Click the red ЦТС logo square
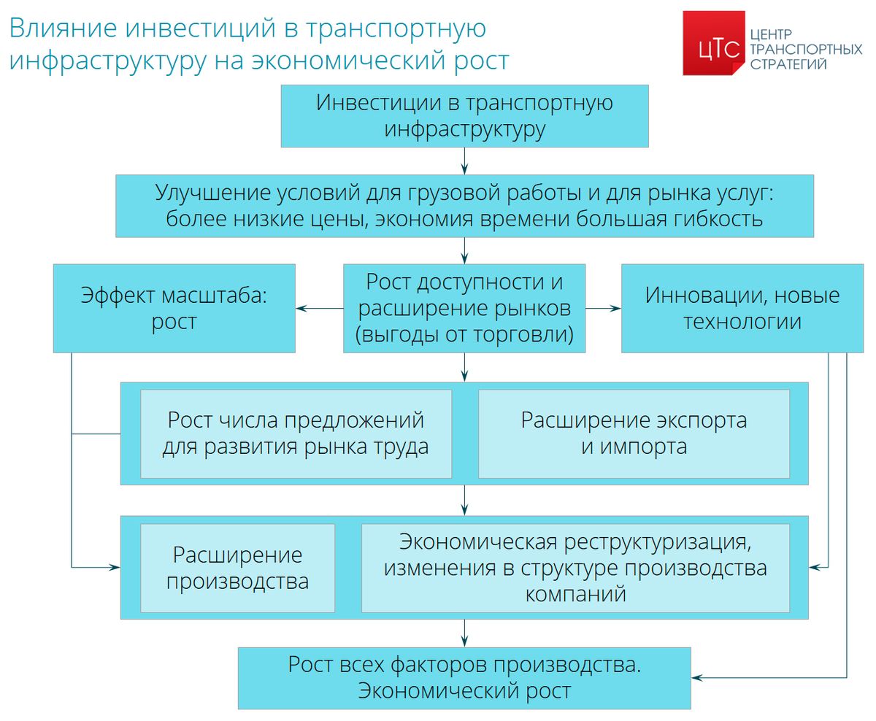click(713, 43)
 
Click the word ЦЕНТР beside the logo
click(771, 34)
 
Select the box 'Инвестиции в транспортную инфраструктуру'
click(464, 116)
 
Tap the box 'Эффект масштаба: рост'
click(174, 308)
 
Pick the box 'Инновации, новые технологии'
click(742, 308)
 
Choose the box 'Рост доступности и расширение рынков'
click(464, 308)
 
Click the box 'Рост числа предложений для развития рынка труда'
click(296, 433)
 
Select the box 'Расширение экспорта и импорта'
click(634, 433)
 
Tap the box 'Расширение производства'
click(237, 568)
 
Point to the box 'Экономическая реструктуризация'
click(575, 568)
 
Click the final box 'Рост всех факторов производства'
click(464, 678)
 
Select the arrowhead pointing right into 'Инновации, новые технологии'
click(615, 308)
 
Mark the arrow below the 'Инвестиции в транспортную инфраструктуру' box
click(464, 161)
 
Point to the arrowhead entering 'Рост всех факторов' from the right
click(697, 678)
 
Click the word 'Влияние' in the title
click(63, 28)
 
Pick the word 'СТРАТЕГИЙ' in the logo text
click(788, 64)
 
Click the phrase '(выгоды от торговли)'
click(464, 334)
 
